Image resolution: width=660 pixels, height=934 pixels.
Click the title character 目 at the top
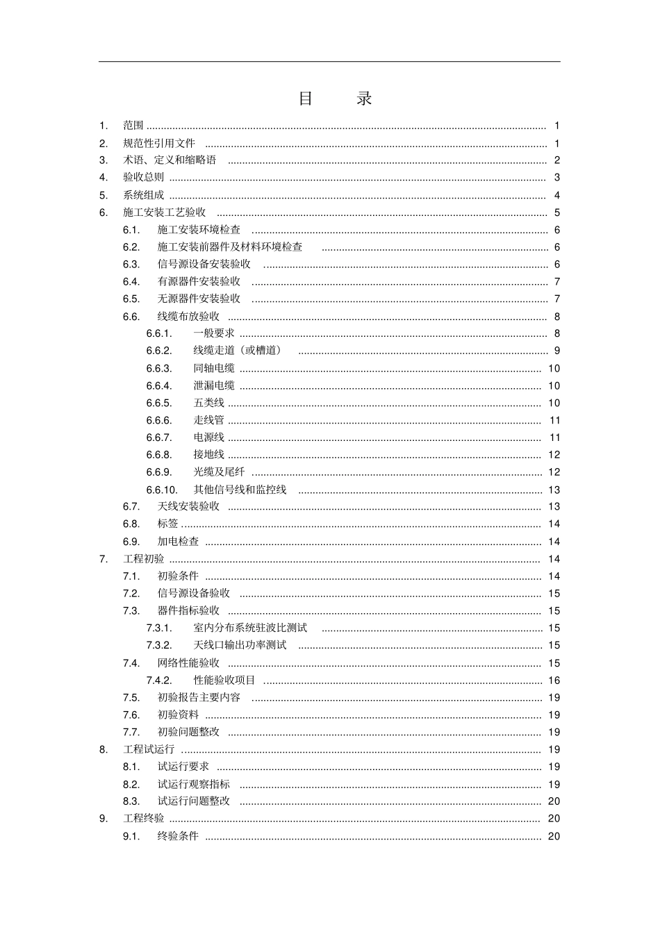click(306, 99)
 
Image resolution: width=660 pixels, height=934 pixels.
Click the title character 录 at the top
click(365, 99)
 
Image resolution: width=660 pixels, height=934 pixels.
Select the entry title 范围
click(133, 126)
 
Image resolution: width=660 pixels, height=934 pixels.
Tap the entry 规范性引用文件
click(159, 143)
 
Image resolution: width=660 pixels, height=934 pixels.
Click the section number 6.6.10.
click(162, 490)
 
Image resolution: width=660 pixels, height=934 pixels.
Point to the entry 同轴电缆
click(214, 368)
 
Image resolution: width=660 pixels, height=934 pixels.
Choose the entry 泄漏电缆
click(214, 385)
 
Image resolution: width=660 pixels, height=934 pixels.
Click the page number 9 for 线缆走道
click(556, 351)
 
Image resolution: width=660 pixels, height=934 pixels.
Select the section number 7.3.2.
click(159, 645)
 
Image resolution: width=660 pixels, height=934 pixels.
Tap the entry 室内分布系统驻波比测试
click(250, 628)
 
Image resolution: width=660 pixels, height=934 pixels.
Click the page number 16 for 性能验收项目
click(554, 681)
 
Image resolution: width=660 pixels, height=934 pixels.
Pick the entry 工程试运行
click(149, 749)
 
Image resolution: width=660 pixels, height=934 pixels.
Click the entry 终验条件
click(178, 836)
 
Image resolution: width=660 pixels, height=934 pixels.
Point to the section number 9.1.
click(131, 836)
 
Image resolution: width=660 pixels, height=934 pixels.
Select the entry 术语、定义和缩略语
click(170, 160)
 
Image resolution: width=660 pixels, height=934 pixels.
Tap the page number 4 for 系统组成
click(556, 195)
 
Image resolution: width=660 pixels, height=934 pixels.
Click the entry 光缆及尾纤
click(219, 472)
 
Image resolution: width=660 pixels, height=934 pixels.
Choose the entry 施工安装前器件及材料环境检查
click(230, 247)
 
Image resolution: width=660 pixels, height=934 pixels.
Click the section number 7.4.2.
click(159, 681)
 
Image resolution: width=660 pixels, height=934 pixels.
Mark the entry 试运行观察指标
click(193, 784)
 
